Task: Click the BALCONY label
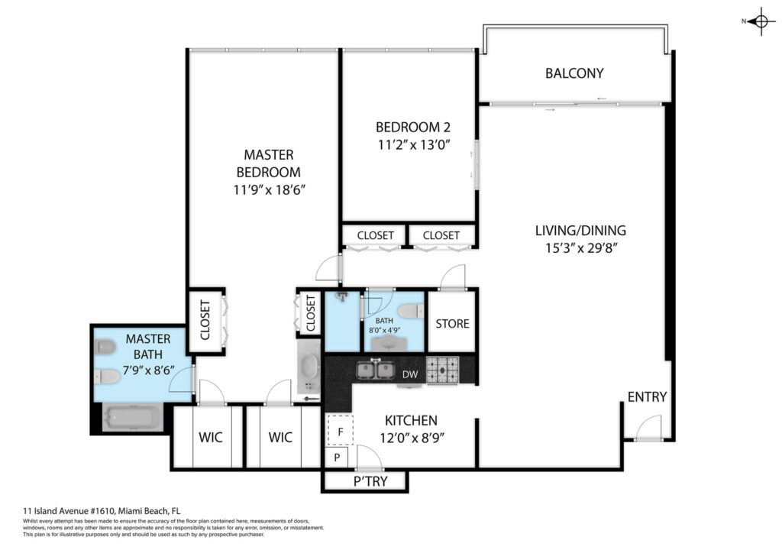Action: (574, 73)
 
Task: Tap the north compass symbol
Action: (760, 21)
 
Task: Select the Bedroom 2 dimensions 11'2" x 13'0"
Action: (414, 145)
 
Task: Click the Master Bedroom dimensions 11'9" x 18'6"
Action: (269, 190)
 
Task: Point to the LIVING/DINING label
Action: (580, 231)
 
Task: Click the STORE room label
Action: (452, 324)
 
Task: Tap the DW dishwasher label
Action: (410, 374)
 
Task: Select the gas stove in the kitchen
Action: (442, 370)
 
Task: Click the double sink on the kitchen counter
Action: (376, 370)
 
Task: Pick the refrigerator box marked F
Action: (340, 431)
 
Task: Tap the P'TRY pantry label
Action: (370, 481)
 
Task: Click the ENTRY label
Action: (647, 397)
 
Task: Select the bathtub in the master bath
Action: (132, 417)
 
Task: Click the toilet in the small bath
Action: (411, 311)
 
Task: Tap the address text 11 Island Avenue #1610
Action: (69, 511)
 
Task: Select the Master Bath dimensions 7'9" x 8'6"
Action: (149, 370)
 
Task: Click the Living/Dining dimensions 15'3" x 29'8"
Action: (581, 247)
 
